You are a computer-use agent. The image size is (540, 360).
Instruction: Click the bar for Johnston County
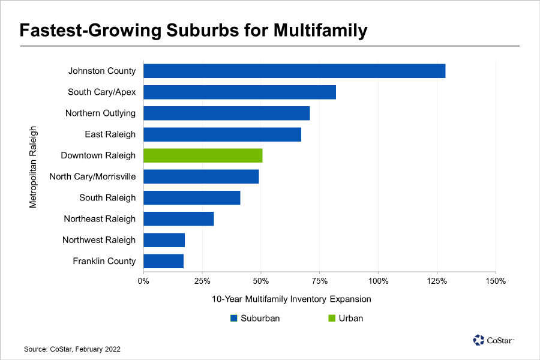click(x=294, y=71)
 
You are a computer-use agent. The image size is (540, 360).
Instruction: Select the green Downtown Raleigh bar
click(x=203, y=155)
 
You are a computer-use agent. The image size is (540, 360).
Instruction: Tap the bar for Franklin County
click(x=163, y=261)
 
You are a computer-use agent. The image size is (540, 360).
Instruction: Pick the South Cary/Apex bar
click(x=239, y=92)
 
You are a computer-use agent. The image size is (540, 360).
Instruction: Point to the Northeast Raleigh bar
click(x=179, y=219)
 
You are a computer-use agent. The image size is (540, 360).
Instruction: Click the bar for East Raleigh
click(x=222, y=134)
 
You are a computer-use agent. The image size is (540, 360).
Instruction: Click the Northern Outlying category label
click(x=100, y=113)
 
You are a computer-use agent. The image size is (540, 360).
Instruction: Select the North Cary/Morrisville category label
click(x=92, y=176)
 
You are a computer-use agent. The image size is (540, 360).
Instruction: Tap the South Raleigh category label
click(x=107, y=197)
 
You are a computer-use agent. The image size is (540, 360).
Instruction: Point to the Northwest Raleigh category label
click(x=99, y=240)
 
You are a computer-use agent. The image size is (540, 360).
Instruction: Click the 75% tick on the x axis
click(x=320, y=281)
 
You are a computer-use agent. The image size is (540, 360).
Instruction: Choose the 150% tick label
click(x=495, y=281)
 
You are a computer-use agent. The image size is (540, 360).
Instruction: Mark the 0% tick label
click(x=144, y=281)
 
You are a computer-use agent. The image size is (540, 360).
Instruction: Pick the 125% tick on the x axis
click(x=436, y=281)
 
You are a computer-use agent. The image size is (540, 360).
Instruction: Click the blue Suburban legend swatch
click(x=234, y=319)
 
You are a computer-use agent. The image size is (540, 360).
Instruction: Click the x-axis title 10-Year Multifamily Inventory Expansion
click(x=292, y=299)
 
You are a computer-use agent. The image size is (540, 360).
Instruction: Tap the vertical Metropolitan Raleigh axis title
click(x=33, y=166)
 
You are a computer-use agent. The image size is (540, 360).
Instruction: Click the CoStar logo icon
click(x=478, y=340)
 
